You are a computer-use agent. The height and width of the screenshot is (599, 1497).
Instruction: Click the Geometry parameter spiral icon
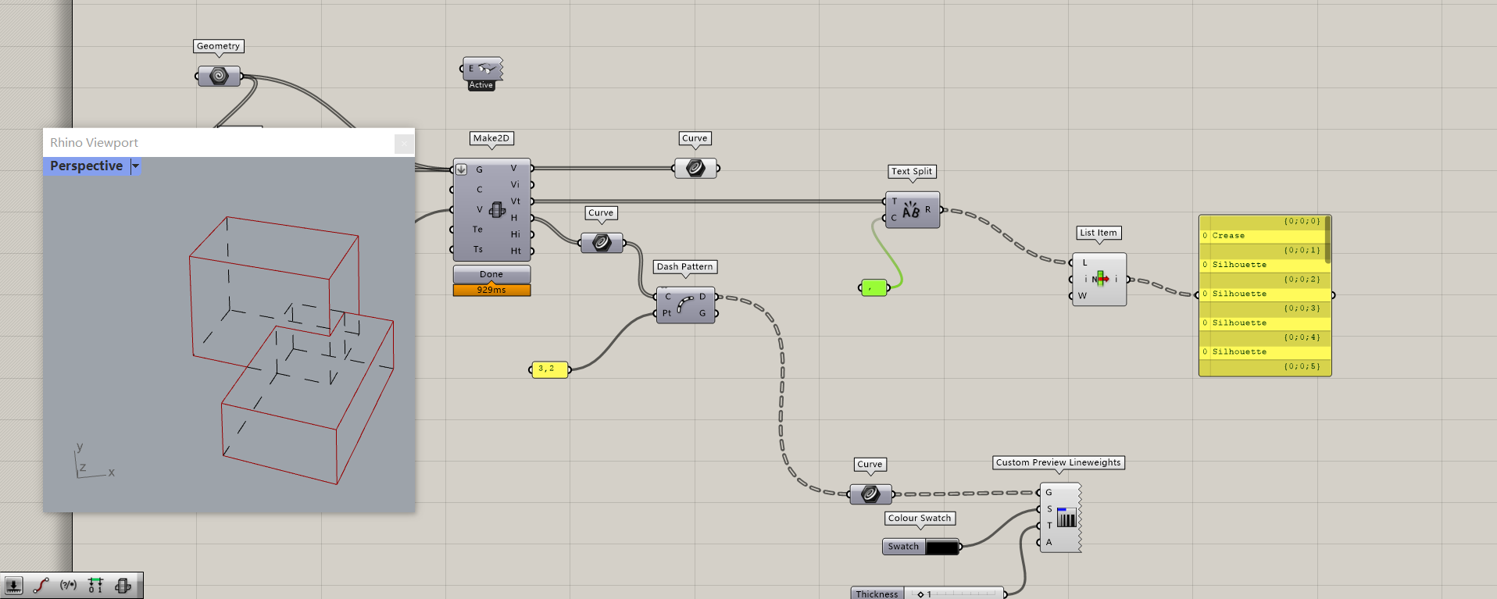(219, 76)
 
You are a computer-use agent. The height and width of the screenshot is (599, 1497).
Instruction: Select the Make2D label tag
(491, 138)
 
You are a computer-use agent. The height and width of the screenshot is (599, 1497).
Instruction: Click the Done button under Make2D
(491, 274)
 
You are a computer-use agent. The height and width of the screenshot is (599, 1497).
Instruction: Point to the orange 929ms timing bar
(491, 290)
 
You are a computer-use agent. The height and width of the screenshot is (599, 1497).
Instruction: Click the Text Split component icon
(911, 210)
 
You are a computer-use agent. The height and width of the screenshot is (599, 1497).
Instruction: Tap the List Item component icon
(1101, 279)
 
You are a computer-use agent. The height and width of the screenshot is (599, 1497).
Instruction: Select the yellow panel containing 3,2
(550, 369)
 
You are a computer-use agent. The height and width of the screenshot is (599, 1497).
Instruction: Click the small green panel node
(874, 288)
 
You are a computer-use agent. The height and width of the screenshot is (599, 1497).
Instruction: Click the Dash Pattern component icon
(685, 305)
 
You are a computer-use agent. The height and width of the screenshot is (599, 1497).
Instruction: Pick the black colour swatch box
(942, 547)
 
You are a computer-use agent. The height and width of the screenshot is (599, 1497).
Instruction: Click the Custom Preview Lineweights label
(1059, 462)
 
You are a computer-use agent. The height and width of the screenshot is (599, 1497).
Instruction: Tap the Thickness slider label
(877, 594)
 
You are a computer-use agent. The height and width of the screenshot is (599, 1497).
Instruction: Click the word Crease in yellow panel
(1228, 235)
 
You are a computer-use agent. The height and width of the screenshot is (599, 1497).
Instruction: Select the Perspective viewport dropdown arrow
(135, 166)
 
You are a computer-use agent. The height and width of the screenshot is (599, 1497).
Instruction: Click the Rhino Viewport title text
(94, 142)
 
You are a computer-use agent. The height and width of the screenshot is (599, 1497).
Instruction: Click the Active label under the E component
(481, 85)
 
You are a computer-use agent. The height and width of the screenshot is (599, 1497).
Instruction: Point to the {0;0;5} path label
(1302, 366)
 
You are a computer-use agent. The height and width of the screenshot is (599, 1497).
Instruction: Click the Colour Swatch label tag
(920, 518)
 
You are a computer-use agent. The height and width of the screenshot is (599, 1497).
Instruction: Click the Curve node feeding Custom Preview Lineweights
(870, 494)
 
